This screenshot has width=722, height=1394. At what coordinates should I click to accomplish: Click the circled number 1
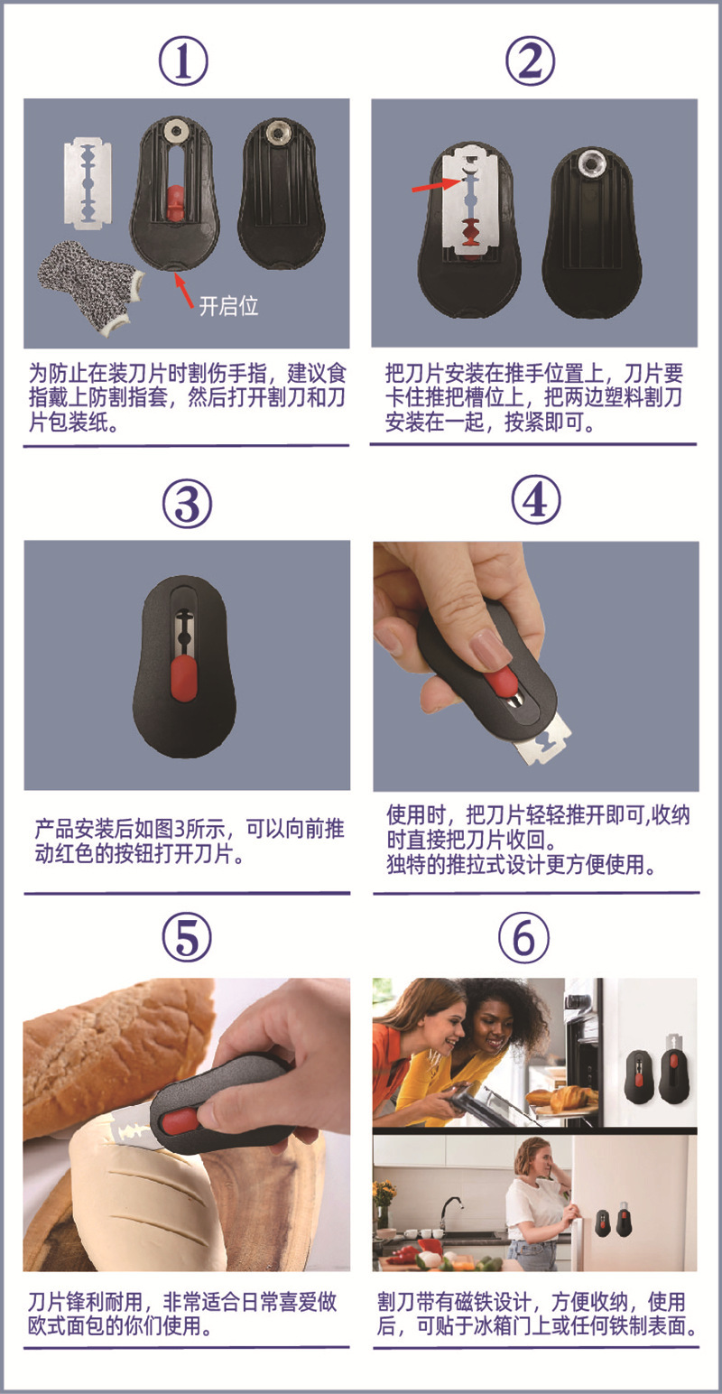pos(183,60)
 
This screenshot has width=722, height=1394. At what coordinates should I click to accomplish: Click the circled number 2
pos(530,60)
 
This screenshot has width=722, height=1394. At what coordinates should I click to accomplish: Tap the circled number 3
pos(187,504)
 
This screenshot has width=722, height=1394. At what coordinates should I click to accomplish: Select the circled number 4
pos(535,499)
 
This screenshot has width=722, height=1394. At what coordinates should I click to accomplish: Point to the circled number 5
pos(187,937)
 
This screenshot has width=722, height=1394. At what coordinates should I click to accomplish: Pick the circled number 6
pos(524,937)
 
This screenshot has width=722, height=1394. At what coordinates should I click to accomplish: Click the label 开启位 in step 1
pos(228,306)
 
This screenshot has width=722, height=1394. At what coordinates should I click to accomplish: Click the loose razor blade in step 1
pos(88,181)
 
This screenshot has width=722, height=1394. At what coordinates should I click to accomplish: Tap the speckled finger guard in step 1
pos(89,285)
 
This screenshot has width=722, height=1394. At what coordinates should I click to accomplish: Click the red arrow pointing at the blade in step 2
pos(438,183)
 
